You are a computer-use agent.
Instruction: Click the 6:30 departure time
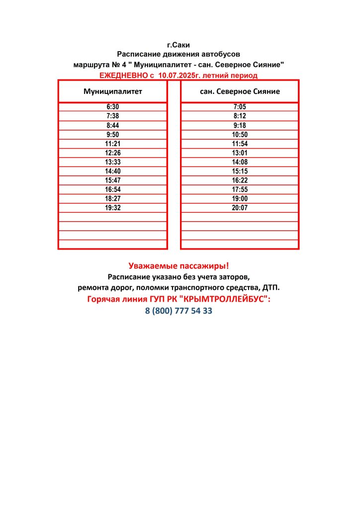[x=113, y=107]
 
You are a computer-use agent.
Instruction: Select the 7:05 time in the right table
[x=240, y=107]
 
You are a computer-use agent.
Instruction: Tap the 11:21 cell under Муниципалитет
[x=113, y=144]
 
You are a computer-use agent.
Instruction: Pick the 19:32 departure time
[x=113, y=208]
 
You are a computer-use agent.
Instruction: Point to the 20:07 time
[x=240, y=208]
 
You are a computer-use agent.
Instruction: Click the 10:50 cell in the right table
[x=240, y=135]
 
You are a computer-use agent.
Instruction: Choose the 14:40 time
[x=113, y=171]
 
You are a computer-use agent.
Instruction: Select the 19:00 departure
[x=240, y=198]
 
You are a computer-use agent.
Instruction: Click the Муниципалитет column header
[x=113, y=91]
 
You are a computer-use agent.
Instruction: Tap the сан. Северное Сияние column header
[x=240, y=91]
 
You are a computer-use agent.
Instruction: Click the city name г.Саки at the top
[x=179, y=45]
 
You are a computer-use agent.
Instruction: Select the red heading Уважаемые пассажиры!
[x=179, y=266]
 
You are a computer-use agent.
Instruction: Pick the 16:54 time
[x=113, y=189]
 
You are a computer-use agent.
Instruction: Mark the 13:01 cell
[x=240, y=153]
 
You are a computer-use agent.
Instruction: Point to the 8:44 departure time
[x=113, y=125]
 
